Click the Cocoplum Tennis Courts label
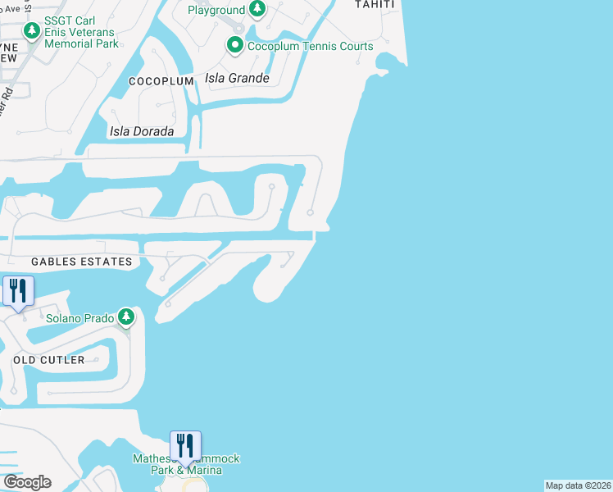(x=311, y=46)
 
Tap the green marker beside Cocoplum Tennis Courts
(x=235, y=45)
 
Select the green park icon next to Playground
(x=257, y=10)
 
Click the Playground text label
(x=216, y=10)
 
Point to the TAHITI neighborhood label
(x=375, y=4)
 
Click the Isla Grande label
(x=238, y=79)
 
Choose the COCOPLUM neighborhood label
(x=161, y=82)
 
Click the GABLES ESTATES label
(x=81, y=262)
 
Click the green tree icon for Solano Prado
(x=125, y=317)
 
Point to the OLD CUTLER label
(x=48, y=360)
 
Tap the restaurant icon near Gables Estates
(x=17, y=290)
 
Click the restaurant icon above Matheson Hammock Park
(x=185, y=445)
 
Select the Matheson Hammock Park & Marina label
(x=187, y=464)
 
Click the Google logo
(x=27, y=482)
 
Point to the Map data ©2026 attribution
(x=578, y=485)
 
